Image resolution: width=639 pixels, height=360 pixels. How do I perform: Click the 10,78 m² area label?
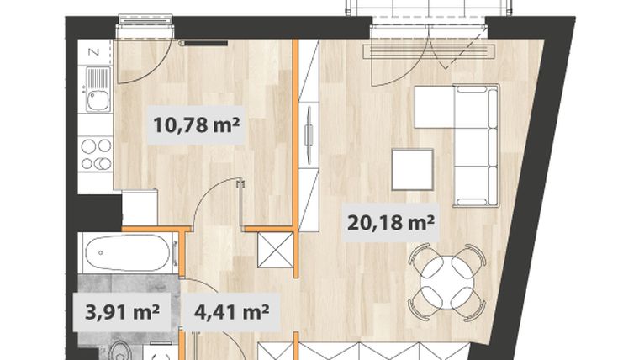click(x=196, y=125)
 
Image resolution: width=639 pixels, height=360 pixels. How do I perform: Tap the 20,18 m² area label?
click(x=390, y=223)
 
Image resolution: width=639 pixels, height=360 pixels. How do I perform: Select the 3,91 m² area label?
click(x=122, y=313)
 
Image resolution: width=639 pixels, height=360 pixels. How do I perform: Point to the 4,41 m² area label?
click(x=231, y=313)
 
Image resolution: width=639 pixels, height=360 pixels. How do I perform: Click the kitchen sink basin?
click(x=98, y=100)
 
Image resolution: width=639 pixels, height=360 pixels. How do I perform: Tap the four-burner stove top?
click(x=96, y=154)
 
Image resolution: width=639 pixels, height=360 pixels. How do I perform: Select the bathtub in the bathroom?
click(x=128, y=253)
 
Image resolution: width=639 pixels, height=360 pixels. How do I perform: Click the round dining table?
click(x=447, y=282)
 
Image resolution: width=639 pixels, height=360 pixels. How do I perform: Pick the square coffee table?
click(x=413, y=170)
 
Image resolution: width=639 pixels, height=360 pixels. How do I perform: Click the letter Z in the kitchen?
click(x=94, y=52)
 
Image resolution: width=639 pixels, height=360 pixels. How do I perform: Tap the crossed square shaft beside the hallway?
click(x=276, y=250)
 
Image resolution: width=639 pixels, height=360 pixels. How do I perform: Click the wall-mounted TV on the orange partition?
click(x=309, y=134)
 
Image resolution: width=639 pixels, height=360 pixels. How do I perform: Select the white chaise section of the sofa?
click(x=434, y=107)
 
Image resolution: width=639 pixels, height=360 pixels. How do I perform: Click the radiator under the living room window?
click(x=429, y=50)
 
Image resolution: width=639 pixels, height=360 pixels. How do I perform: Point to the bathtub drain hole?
click(x=101, y=253)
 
